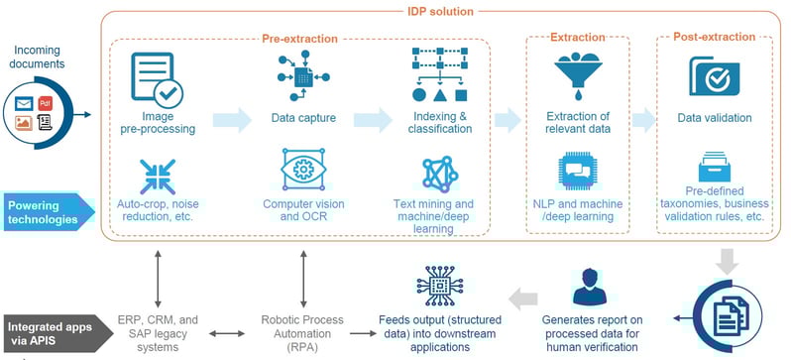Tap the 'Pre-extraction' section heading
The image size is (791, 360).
[299, 39]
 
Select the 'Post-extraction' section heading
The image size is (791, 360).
[717, 39]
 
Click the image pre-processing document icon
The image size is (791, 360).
[156, 78]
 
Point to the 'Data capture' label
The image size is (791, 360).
[303, 119]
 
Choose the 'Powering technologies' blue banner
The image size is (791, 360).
[47, 210]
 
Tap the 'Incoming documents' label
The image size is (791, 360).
[39, 57]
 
